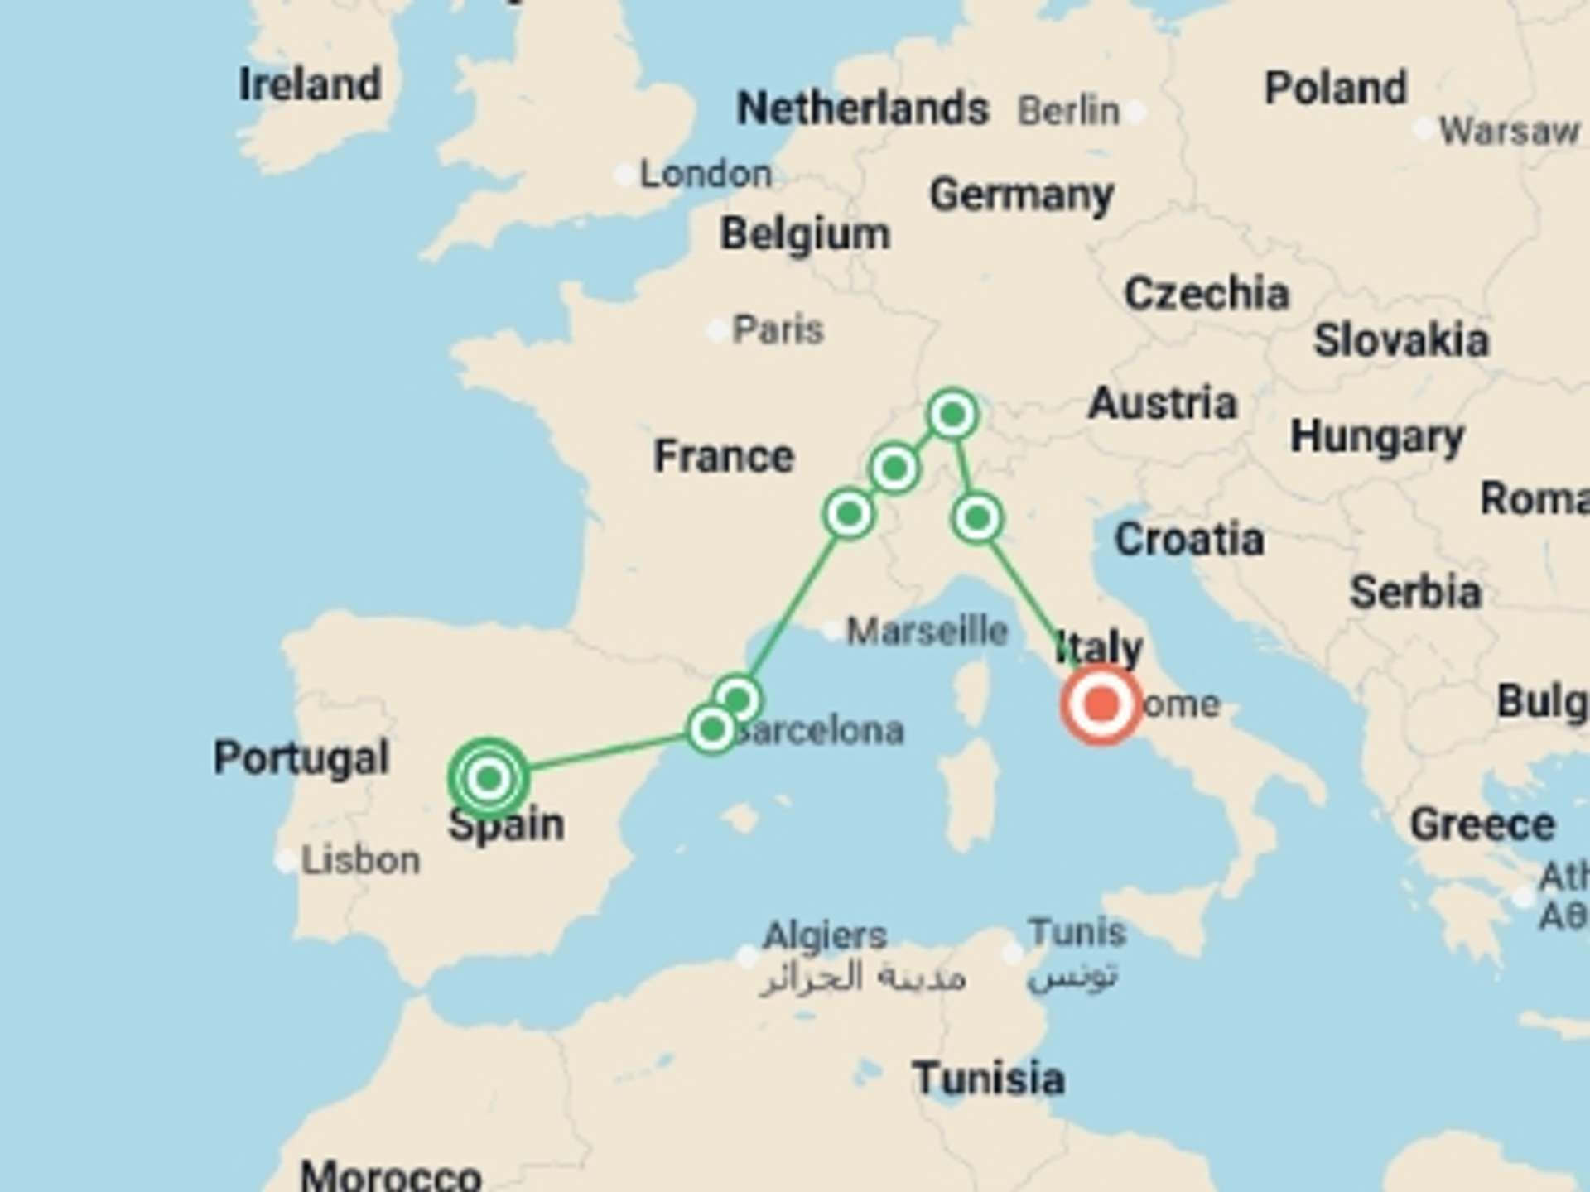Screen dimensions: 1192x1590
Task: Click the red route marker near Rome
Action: point(1101,704)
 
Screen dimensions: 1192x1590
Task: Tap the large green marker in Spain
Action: point(489,778)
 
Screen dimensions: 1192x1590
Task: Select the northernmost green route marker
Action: point(952,414)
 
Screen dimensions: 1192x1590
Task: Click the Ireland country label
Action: point(310,84)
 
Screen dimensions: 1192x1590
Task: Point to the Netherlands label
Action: point(863,108)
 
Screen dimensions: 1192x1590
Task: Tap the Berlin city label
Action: point(1068,111)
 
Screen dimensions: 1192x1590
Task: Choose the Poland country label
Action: point(1336,88)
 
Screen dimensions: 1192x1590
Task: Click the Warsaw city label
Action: point(1509,132)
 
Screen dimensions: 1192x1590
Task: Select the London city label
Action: point(706,175)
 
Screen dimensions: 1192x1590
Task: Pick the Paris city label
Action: point(778,330)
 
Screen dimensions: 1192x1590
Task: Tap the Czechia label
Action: point(1207,294)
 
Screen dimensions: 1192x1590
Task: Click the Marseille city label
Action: point(927,632)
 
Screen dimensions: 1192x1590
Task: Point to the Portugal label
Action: point(301,757)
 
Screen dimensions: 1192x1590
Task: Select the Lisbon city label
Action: point(360,861)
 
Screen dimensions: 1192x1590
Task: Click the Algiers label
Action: point(825,936)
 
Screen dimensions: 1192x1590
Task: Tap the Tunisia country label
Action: point(989,1079)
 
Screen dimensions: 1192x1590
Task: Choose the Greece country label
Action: point(1482,824)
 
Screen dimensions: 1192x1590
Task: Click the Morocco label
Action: point(391,1175)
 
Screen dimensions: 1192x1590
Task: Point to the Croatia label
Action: point(1189,541)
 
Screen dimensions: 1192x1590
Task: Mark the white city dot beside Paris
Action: point(717,331)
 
